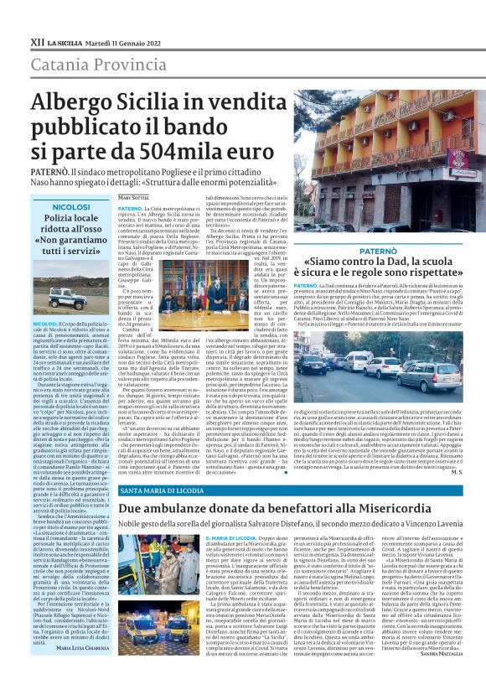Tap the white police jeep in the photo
point(75,296)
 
